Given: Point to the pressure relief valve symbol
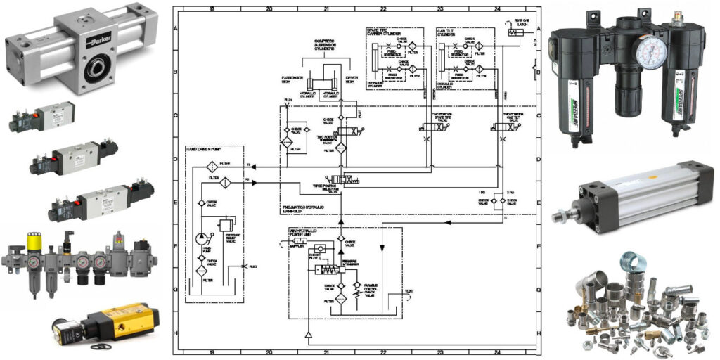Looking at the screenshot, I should tap(226, 225).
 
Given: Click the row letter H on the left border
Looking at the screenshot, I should tap(176, 333).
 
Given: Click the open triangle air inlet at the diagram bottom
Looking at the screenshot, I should tap(309, 335).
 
